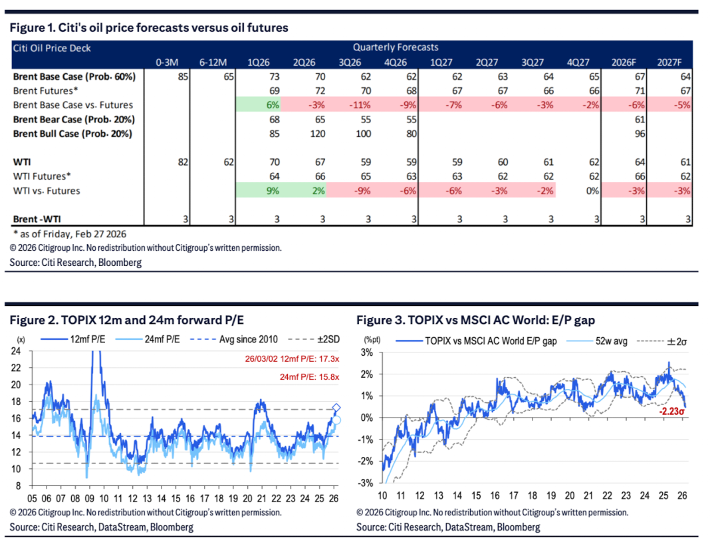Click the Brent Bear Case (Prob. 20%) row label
74,120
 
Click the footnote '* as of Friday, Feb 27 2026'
69,233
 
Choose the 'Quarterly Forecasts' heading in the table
396,47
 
